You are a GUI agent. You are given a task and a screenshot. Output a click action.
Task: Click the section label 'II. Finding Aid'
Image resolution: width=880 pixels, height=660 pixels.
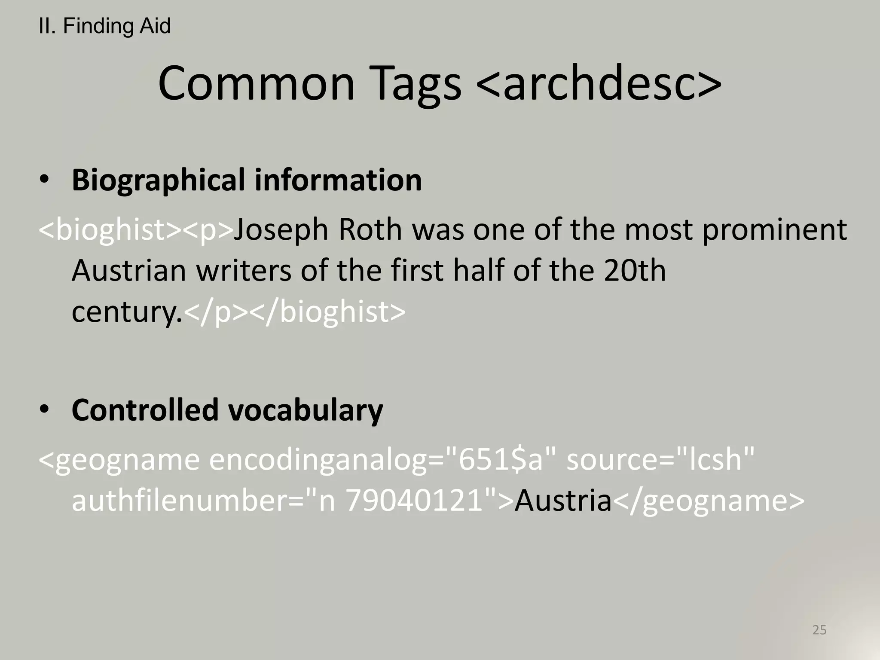(104, 26)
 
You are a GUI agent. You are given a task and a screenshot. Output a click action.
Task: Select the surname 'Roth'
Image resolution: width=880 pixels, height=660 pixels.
(370, 229)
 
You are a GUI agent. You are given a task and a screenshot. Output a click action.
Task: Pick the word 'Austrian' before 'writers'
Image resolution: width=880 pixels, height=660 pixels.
(128, 271)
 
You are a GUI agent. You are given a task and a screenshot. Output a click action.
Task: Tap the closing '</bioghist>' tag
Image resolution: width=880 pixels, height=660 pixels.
(327, 312)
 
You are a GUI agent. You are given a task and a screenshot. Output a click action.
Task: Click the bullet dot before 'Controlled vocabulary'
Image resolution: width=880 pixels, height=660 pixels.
(44, 409)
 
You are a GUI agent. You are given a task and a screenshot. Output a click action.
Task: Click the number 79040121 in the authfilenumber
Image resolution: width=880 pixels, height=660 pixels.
(415, 501)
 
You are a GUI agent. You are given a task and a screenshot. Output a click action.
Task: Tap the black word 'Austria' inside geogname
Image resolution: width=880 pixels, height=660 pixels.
(563, 501)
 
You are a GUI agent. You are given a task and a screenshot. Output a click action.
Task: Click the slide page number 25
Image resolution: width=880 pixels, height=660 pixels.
(819, 630)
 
